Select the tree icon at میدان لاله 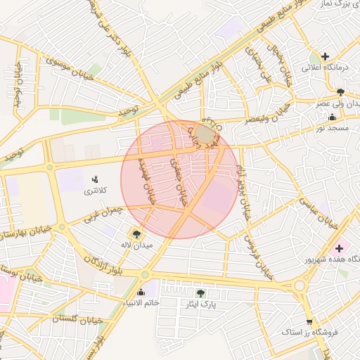coord(136,233)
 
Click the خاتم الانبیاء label coord(141,303)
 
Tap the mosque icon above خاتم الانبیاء coord(141,292)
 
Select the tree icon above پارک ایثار coord(200,292)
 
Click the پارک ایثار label coord(200,304)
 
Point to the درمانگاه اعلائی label coord(326,68)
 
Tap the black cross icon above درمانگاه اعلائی coord(325,56)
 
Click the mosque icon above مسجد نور coord(331,117)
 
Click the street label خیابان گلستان coord(77,319)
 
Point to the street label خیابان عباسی coord(319,211)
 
